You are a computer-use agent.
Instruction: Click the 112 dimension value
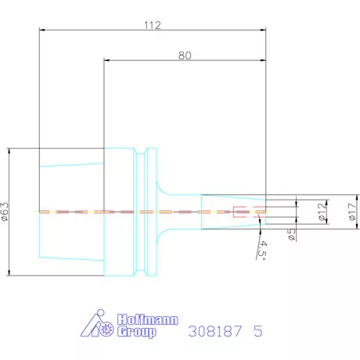pyautogui.click(x=153, y=25)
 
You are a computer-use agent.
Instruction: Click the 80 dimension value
pyautogui.click(x=185, y=56)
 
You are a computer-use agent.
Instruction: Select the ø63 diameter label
pyautogui.click(x=5, y=211)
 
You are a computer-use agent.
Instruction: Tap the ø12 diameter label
pyautogui.click(x=322, y=211)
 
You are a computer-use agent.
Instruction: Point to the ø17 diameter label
pyautogui.click(x=352, y=211)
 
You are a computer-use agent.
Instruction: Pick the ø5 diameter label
pyautogui.click(x=291, y=234)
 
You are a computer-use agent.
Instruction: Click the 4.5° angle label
pyautogui.click(x=262, y=250)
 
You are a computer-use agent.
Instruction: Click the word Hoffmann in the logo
pyautogui.click(x=148, y=319)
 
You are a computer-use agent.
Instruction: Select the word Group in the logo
pyautogui.click(x=136, y=332)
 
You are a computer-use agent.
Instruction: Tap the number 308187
pyautogui.click(x=215, y=331)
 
